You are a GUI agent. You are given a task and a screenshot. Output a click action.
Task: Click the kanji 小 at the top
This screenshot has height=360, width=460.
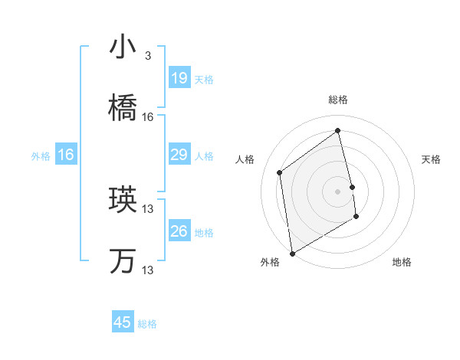123,47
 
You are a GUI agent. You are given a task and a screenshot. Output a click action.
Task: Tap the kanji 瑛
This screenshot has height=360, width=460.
123,201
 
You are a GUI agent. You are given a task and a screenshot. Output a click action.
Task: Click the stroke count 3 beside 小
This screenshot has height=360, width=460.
148,56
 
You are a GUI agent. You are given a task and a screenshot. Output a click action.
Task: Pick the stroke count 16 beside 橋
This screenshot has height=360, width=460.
148,117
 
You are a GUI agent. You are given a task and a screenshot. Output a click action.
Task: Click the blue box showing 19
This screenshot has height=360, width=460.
179,78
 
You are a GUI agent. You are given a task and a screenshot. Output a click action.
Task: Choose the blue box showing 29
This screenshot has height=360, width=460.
179,155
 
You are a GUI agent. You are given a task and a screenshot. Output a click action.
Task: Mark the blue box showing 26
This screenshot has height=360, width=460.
179,231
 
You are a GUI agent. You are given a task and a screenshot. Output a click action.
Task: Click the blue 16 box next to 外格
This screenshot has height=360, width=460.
66,155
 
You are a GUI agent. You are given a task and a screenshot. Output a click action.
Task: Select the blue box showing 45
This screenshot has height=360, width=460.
123,322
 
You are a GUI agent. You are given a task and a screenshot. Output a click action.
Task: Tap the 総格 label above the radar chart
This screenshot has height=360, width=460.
337,100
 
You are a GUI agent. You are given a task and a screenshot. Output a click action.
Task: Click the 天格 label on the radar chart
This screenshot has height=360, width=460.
432,159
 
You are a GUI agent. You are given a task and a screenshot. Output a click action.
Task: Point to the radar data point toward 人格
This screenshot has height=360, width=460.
280,172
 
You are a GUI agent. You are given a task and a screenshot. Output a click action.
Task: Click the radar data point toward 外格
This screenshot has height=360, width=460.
292,253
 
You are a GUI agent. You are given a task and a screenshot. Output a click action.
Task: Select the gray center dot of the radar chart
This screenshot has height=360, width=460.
337,191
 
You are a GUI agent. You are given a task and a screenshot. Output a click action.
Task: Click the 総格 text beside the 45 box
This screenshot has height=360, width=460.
147,324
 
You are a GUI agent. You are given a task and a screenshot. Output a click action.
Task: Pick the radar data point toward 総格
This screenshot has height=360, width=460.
337,131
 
